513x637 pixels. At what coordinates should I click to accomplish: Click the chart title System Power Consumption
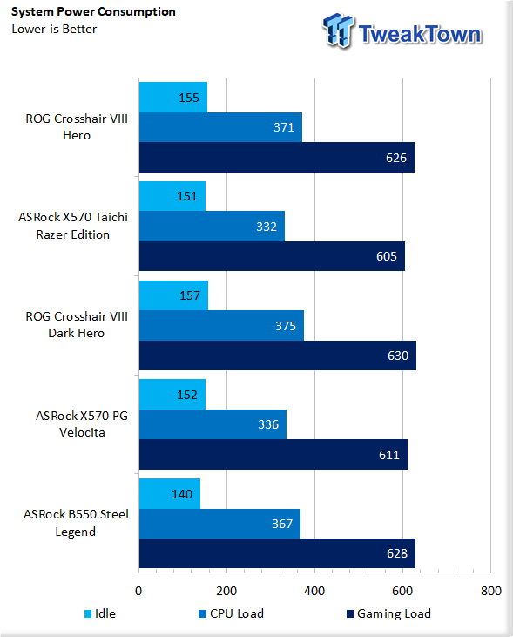tap(93, 12)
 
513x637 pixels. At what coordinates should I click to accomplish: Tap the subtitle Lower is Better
tap(54, 30)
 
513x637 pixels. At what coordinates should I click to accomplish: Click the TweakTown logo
tap(402, 31)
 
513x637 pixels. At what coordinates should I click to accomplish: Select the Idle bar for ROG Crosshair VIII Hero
tap(173, 97)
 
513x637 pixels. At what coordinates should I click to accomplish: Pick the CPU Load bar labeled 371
tap(220, 127)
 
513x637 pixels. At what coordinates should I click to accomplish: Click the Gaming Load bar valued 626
tap(277, 157)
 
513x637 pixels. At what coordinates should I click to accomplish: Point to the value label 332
tap(267, 227)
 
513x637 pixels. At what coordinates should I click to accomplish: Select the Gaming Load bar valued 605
tap(272, 256)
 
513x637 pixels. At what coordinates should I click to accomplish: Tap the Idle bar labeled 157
tap(173, 295)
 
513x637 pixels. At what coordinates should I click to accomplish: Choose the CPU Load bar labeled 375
tap(221, 325)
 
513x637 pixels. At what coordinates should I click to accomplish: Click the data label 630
tap(398, 356)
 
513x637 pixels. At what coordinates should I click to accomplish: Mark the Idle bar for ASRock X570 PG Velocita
tap(172, 395)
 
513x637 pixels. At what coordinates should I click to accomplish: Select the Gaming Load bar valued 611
tap(273, 454)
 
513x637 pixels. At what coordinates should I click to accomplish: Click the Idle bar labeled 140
tap(170, 493)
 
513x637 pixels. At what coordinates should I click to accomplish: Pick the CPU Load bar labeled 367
tap(219, 524)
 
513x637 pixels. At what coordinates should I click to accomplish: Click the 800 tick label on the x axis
tap(490, 591)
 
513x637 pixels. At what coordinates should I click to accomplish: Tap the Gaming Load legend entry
tap(388, 613)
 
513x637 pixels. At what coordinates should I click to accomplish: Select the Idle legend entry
tap(100, 613)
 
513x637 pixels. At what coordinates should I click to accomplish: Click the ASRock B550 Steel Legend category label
tap(76, 523)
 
